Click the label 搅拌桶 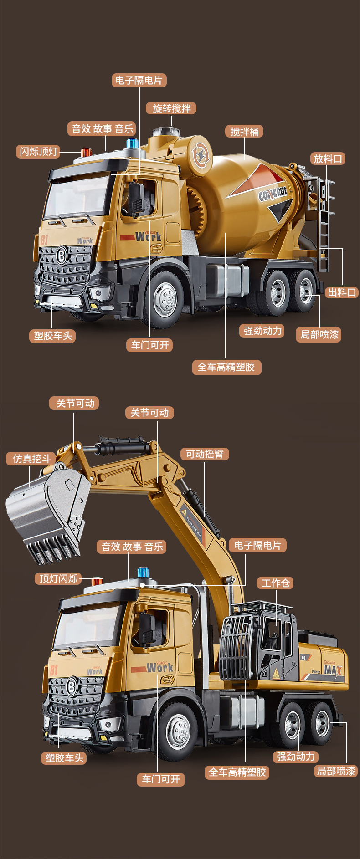coord(245,132)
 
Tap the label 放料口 coord(328,159)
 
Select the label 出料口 coord(342,292)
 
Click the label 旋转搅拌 coord(171,108)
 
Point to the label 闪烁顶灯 coord(39,151)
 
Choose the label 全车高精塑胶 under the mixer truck coord(226,367)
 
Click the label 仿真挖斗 coord(31,459)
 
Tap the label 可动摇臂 coord(205,454)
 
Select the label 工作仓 coord(276,583)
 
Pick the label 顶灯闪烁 coord(58,578)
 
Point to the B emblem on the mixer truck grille coord(62,256)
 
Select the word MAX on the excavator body coord(333,670)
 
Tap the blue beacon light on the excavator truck coord(144,573)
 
